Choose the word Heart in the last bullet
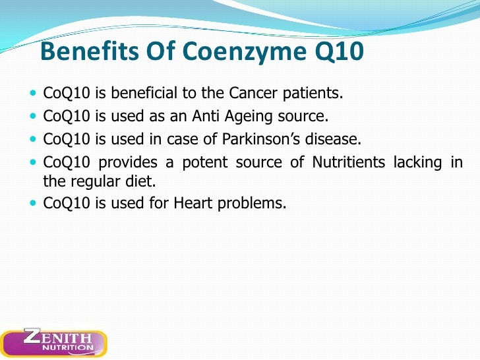[x=193, y=204]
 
